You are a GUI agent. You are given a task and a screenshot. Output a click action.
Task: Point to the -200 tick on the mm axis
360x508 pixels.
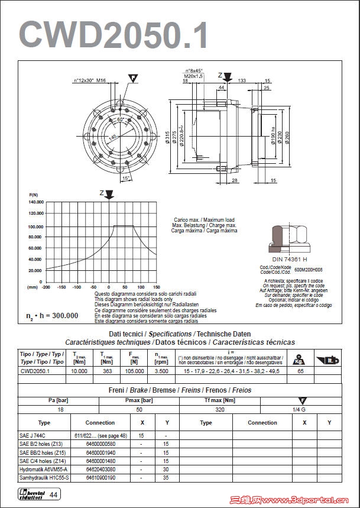(x=46, y=287)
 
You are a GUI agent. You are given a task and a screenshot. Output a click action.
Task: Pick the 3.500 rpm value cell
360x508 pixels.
(x=161, y=371)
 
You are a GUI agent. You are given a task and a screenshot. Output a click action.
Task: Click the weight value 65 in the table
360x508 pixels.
(x=300, y=371)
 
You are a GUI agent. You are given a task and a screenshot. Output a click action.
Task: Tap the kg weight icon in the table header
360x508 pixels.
(x=300, y=359)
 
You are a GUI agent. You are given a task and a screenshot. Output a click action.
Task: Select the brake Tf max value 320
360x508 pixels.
(x=220, y=409)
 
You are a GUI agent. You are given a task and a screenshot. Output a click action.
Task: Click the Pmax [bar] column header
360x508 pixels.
(x=139, y=400)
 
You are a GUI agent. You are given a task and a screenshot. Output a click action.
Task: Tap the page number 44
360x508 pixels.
(x=53, y=494)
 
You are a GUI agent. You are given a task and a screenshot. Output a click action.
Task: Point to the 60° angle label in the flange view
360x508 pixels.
(x=121, y=119)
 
